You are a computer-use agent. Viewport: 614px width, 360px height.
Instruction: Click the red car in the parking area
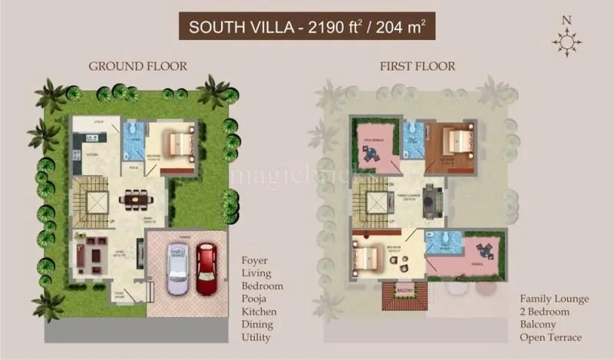206,269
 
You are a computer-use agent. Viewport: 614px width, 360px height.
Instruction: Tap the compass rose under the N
567,42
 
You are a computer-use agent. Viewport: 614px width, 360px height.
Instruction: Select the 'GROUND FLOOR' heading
137,65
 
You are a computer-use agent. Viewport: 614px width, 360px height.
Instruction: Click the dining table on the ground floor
137,200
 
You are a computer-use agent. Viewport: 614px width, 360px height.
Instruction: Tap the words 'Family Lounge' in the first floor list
554,299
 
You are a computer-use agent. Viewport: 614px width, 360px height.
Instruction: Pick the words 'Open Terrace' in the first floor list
551,338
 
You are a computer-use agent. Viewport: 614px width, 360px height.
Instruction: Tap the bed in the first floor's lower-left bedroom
368,256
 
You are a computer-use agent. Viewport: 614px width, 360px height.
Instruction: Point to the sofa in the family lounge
431,200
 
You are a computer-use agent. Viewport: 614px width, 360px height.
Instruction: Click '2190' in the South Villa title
323,28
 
